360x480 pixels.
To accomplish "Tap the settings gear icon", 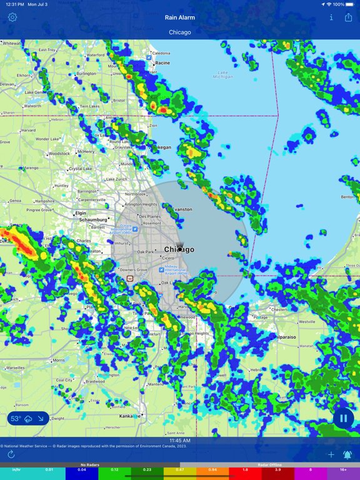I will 12,17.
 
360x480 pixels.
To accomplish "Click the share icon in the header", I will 348,17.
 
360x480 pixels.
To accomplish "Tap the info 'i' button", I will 331,17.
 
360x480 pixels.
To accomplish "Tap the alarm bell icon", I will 347,454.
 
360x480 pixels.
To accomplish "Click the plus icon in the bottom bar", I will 331,454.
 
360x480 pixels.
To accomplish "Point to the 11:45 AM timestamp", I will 180,441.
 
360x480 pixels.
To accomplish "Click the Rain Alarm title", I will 180,17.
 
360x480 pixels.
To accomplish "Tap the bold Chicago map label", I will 179,249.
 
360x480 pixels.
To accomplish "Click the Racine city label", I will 162,63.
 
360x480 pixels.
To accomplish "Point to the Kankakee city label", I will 129,416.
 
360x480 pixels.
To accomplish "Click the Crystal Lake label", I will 81,169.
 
